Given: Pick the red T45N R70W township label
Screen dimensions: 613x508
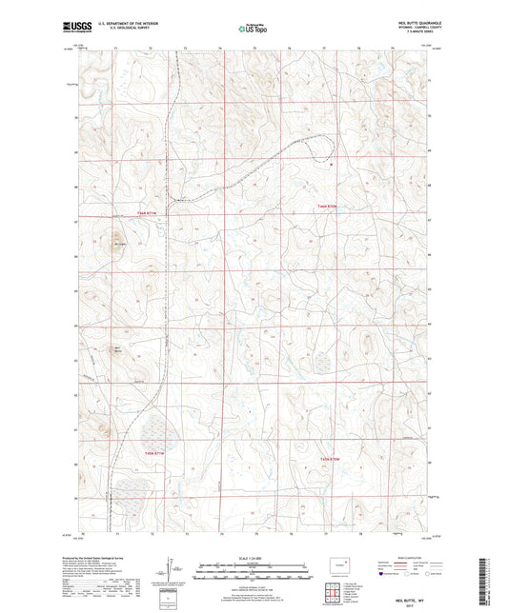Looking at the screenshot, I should pyautogui.click(x=330, y=461).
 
